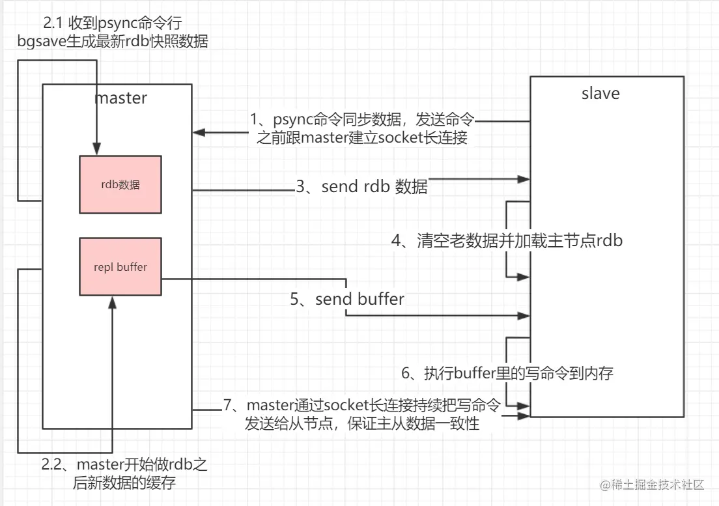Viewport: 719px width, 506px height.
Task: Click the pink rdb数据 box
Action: [x=120, y=184]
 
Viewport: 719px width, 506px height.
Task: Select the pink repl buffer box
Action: [x=120, y=266]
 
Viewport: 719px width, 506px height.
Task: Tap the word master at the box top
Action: [x=121, y=98]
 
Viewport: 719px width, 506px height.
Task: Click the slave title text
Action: [x=600, y=94]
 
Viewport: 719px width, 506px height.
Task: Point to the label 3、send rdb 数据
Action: [x=361, y=186]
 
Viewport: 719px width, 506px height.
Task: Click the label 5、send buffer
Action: [x=347, y=300]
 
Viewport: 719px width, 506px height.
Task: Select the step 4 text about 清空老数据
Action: [x=507, y=240]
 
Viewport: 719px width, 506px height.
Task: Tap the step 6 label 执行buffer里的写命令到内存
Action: [x=507, y=373]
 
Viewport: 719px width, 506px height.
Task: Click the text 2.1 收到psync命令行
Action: [x=112, y=22]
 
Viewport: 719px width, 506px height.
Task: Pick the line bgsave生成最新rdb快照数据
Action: [x=112, y=41]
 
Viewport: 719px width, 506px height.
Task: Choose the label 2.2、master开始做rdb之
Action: [x=124, y=464]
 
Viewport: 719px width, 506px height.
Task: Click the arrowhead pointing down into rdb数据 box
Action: [x=96, y=149]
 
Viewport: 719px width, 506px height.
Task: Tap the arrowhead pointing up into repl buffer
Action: [x=112, y=302]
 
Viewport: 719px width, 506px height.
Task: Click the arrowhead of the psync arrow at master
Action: [x=199, y=132]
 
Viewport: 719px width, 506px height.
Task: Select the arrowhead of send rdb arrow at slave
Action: [x=524, y=179]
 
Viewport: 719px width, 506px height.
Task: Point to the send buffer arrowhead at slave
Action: [x=524, y=315]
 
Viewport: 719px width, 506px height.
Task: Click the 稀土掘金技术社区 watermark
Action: [x=652, y=485]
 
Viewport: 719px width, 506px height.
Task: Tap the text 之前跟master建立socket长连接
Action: [x=362, y=137]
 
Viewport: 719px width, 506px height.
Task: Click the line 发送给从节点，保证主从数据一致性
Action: [x=362, y=423]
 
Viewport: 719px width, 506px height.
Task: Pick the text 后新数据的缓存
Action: [x=124, y=483]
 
